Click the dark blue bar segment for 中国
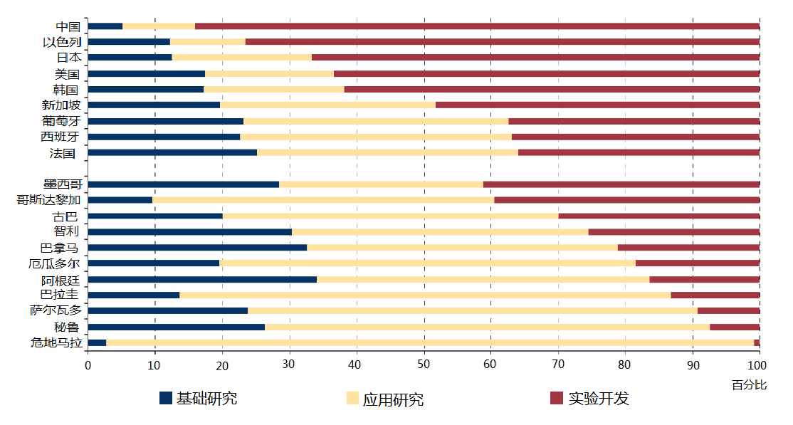point(105,26)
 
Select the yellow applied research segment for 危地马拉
point(429,342)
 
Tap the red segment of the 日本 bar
point(535,58)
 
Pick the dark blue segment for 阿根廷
point(202,279)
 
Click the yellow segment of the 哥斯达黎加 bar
point(323,200)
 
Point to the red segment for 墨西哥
point(621,184)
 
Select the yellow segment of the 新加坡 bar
point(327,105)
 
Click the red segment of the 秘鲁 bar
point(735,327)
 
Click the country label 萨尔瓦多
point(56,310)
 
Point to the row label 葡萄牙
point(61,121)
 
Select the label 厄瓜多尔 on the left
point(60,263)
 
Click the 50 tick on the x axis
point(424,365)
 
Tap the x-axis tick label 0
point(88,365)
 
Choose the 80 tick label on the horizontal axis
point(626,365)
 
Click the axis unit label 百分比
point(749,385)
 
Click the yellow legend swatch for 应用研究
point(352,399)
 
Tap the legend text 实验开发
point(599,399)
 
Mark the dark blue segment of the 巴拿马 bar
point(197,248)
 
